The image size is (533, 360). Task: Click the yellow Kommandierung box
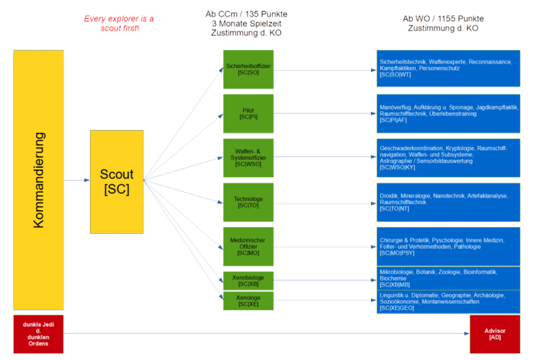(x=38, y=180)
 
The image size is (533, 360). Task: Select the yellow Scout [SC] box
(x=117, y=181)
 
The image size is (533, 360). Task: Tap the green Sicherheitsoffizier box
(x=248, y=69)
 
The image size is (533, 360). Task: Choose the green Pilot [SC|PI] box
(x=248, y=113)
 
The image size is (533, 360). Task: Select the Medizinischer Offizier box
(x=248, y=246)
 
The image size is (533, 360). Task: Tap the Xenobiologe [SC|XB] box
(x=248, y=280)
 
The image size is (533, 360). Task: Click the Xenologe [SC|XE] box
(x=248, y=301)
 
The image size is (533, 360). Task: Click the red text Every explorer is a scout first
(x=119, y=23)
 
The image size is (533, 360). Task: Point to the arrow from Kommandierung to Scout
(x=77, y=180)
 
